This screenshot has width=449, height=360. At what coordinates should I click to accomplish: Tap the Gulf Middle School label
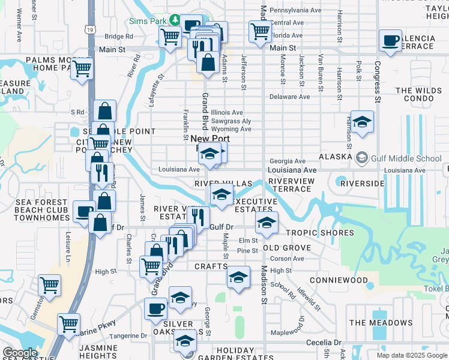(407, 159)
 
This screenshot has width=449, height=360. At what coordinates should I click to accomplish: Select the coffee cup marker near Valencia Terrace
(390, 41)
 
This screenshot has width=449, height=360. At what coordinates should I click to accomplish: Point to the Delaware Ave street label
(289, 97)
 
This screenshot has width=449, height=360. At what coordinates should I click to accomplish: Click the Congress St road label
(378, 82)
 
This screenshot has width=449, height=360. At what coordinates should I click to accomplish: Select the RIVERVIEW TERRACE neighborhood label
(291, 185)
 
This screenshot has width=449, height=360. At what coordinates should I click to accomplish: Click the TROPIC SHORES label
(319, 233)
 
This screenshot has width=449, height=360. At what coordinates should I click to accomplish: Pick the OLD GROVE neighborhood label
(287, 248)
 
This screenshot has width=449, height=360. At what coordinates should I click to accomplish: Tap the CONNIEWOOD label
(339, 280)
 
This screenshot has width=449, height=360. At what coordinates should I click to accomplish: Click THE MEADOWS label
(381, 323)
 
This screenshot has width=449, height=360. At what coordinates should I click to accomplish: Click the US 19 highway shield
(90, 29)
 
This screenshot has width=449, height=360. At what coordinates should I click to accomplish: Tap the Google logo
(20, 352)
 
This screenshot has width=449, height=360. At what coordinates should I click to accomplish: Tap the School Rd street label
(283, 290)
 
